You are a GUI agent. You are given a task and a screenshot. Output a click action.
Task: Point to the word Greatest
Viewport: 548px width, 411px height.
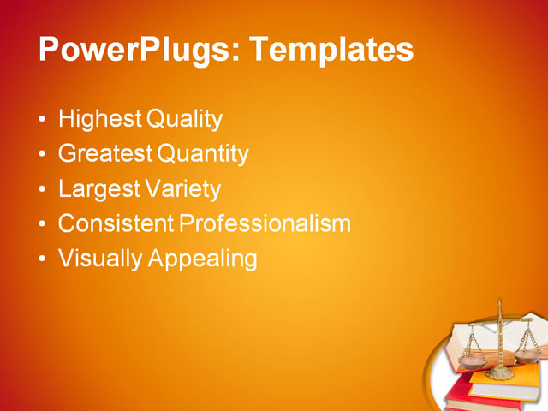point(105,154)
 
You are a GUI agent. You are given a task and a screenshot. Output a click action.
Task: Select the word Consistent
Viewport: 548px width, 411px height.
point(116,224)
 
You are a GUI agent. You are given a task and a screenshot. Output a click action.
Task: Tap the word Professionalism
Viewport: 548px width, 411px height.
point(265,224)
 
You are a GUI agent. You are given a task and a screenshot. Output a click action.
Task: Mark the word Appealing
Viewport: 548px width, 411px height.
point(203,259)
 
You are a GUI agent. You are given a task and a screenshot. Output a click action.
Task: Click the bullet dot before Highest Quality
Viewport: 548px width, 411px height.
point(44,120)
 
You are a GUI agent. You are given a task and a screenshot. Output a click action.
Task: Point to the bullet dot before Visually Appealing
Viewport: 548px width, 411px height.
point(44,259)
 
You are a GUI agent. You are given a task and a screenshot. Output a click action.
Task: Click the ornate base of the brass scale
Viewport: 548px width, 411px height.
point(500,373)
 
